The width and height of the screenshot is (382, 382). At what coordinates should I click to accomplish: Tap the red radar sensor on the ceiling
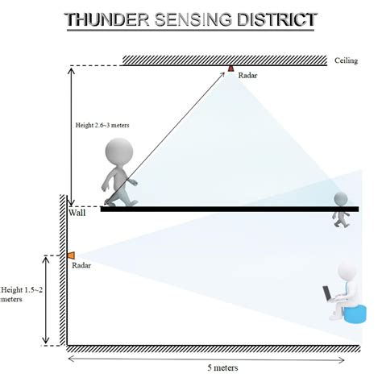click(x=230, y=69)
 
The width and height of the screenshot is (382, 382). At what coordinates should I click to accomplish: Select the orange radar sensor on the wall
click(x=70, y=255)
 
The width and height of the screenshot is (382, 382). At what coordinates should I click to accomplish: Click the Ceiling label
click(x=345, y=61)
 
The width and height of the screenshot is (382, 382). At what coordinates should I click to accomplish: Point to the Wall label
click(x=77, y=213)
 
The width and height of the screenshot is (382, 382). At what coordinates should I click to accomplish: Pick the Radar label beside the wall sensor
click(x=81, y=265)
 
